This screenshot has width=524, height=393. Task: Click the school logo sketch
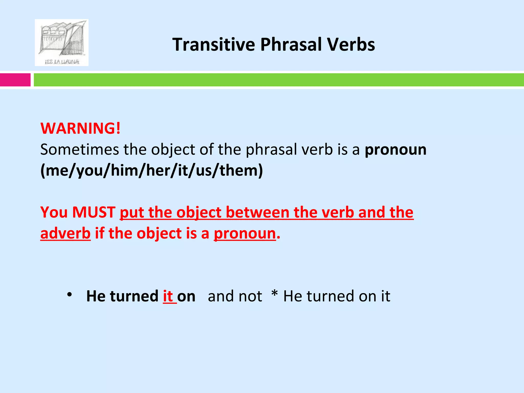[61, 42]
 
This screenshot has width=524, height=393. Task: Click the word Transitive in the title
[213, 45]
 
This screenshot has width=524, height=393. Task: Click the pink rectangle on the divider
[15, 80]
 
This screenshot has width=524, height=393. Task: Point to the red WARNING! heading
[80, 128]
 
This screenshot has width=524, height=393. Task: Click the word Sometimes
[79, 149]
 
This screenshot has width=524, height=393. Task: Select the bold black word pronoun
[395, 150]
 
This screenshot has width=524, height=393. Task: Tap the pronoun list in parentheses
[151, 170]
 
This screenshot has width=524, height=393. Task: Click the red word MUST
[94, 212]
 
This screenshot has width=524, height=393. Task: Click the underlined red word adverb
[65, 233]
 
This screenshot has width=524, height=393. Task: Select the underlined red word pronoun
[245, 233]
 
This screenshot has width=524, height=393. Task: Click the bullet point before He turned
[69, 295]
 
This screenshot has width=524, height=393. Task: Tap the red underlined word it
[168, 296]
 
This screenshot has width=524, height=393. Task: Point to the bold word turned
[134, 296]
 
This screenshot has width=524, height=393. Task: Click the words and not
[235, 296]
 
